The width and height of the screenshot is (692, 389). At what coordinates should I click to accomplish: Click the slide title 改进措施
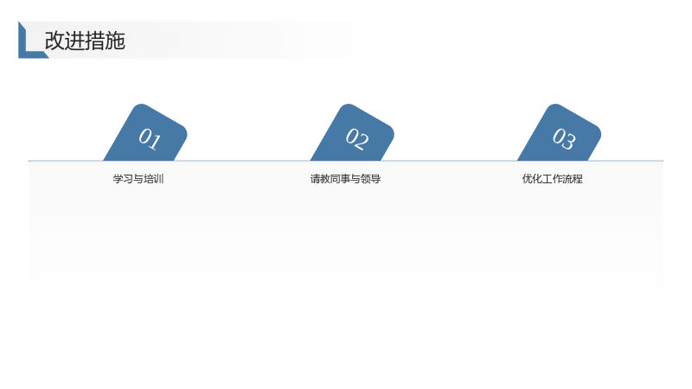point(85,41)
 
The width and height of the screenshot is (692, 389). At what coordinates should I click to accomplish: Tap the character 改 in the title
point(54,41)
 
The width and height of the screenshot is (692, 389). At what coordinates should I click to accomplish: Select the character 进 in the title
point(74,41)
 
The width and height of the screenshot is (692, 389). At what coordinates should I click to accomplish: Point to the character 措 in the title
point(95,41)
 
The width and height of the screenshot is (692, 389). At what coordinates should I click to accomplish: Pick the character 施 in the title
point(115,41)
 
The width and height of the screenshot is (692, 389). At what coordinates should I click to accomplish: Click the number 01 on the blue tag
point(150,138)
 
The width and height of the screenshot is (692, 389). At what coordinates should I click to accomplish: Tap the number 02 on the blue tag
point(356,138)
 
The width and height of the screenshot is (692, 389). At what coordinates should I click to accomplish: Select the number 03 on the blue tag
point(564,138)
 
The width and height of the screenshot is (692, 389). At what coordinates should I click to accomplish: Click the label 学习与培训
point(138,179)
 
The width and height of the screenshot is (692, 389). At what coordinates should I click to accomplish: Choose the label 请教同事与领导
point(345,179)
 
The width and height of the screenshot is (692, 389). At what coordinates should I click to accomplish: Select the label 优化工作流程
point(553,179)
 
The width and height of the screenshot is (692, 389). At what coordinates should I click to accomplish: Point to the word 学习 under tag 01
point(123,179)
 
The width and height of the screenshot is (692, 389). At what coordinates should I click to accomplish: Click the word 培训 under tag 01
point(154,179)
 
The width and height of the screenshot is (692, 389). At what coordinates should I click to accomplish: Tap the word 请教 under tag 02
point(320,179)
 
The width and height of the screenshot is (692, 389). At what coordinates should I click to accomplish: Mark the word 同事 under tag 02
point(340,179)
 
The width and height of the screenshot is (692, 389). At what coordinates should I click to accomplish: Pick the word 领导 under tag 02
point(371,179)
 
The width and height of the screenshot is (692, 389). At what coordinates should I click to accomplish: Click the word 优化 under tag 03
point(532,179)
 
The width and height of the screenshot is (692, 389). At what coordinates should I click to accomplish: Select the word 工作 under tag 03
point(553,179)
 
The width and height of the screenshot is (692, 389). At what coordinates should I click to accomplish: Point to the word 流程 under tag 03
point(573,179)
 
